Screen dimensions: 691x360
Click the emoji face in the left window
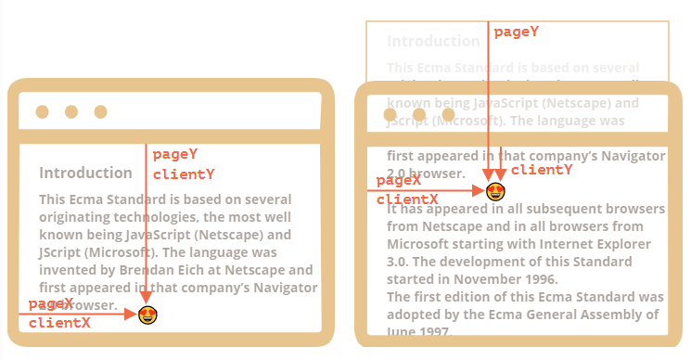click(x=147, y=315)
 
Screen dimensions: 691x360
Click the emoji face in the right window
click(x=496, y=191)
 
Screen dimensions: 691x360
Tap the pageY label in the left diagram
click(x=175, y=154)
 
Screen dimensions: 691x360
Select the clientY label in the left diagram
click(x=184, y=174)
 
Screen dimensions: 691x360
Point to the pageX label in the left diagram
click(x=51, y=303)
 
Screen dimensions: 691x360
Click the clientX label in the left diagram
click(x=59, y=323)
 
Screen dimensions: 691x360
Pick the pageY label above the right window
click(x=516, y=32)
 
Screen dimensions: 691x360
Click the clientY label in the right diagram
click(x=542, y=169)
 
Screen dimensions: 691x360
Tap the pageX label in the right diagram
click(x=399, y=181)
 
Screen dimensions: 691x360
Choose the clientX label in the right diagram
click(x=407, y=199)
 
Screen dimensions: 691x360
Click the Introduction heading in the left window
click(x=85, y=173)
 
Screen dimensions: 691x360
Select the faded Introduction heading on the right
click(x=433, y=42)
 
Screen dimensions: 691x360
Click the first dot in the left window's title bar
click(x=42, y=112)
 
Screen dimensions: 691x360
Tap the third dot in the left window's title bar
click(x=100, y=112)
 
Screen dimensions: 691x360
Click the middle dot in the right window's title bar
click(x=419, y=115)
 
